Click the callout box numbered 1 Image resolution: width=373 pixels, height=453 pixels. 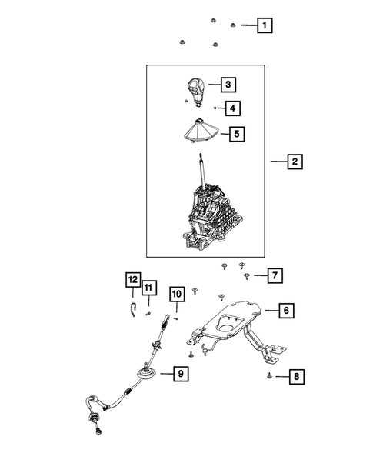pyautogui.click(x=264, y=25)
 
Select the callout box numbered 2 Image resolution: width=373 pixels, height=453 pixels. pyautogui.click(x=293, y=162)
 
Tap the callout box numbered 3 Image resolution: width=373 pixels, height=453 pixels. pyautogui.click(x=228, y=84)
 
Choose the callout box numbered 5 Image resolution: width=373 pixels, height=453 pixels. pyautogui.click(x=238, y=134)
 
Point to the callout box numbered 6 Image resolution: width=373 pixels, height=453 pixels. pyautogui.click(x=285, y=311)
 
